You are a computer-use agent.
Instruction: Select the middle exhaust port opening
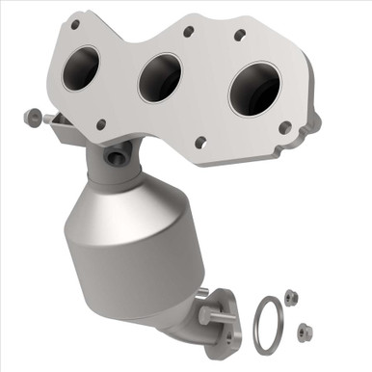tap(159, 78)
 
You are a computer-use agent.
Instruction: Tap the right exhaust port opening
tap(253, 91)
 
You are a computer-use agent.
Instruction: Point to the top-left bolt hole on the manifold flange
tap(74, 23)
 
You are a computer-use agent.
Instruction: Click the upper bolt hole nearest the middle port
tap(188, 31)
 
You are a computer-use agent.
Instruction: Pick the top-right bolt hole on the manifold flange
tap(240, 35)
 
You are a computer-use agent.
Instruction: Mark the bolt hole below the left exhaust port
tap(100, 123)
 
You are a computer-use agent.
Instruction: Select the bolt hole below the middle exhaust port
tap(200, 143)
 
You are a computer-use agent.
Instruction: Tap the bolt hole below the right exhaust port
tap(284, 126)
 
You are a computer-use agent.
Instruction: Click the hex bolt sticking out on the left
tap(31, 118)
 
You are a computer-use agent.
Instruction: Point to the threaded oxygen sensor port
tap(119, 154)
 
